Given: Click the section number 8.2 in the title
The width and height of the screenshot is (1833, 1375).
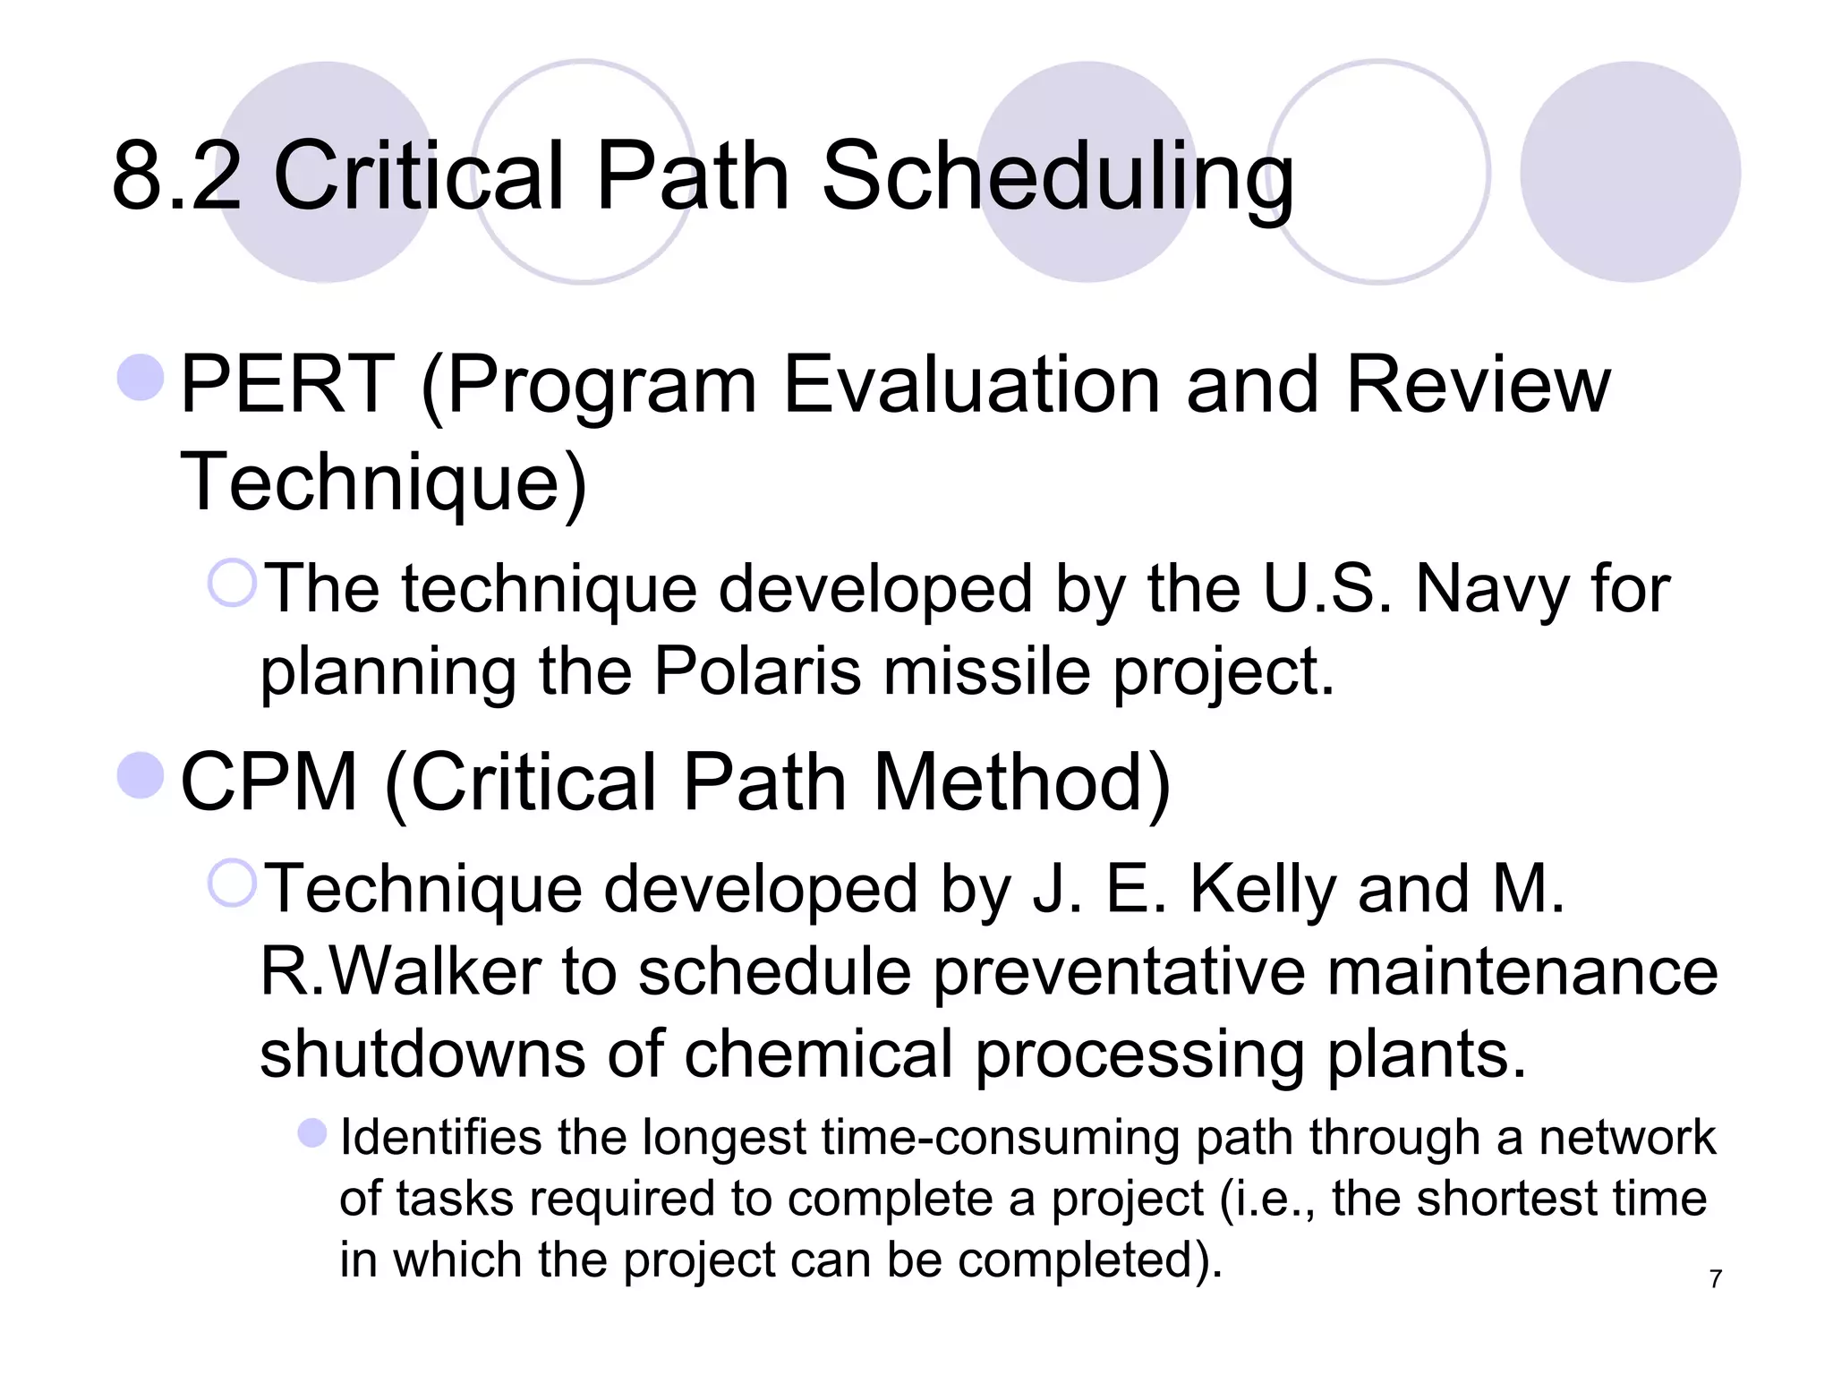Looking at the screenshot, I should [176, 176].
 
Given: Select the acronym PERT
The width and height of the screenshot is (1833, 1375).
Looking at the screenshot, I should [287, 385].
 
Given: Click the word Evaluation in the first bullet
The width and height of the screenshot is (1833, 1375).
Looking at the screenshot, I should [970, 385].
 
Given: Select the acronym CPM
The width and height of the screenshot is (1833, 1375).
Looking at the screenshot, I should [269, 782].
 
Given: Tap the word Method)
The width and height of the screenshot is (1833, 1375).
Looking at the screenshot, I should [1021, 782].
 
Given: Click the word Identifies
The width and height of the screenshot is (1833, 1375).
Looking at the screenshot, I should [441, 1138].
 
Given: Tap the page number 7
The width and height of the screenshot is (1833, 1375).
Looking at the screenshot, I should [1715, 1279].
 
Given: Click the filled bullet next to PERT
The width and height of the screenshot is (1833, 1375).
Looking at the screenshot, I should [141, 377].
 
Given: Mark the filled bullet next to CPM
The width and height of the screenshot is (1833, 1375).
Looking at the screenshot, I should [141, 774].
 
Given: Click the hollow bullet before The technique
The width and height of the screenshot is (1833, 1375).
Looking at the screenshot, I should [233, 583].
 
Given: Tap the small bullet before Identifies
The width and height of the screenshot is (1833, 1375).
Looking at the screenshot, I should [312, 1132].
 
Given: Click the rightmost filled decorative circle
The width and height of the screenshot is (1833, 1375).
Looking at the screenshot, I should [1630, 172].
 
